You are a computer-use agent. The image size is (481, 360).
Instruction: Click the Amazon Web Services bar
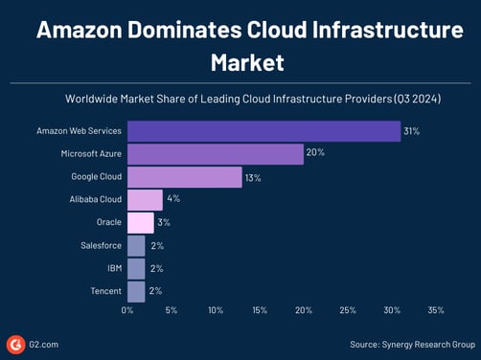point(263,130)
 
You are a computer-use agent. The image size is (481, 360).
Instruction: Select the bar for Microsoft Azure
point(216,153)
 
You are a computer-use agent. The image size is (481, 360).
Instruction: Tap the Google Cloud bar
point(184,176)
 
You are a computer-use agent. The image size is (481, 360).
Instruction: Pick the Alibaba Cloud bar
point(145,199)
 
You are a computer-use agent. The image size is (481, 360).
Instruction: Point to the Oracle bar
point(140,222)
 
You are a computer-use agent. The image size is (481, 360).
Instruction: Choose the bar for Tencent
point(136,291)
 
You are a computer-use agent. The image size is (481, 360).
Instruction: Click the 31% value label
point(414,130)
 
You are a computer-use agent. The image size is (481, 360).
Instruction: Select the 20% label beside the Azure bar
point(315,153)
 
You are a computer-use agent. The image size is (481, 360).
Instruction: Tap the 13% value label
point(254,176)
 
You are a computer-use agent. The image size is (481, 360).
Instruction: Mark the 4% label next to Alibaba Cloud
point(173,199)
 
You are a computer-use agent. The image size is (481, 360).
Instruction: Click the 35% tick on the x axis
point(436,310)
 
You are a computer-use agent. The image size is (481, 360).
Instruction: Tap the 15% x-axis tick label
point(260,310)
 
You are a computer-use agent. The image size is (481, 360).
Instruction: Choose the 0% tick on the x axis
point(127,310)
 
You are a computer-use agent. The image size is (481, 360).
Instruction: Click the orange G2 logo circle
point(15,344)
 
